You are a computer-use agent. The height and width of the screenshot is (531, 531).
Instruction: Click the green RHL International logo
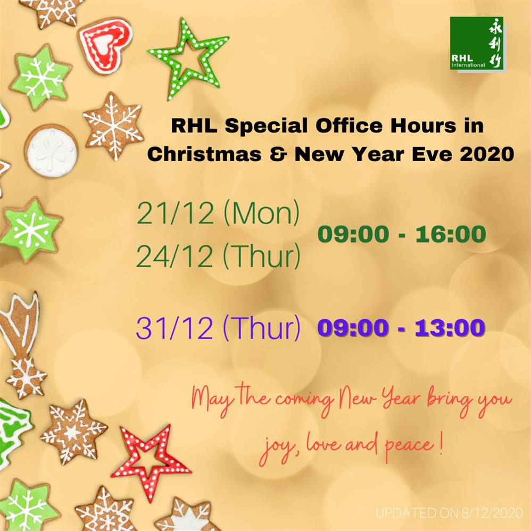[477, 43]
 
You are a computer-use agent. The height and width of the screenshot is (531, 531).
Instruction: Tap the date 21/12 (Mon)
[219, 213]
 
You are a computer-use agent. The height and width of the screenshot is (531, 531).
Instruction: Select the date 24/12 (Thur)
[219, 255]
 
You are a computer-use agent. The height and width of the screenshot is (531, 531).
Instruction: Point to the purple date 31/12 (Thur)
[218, 327]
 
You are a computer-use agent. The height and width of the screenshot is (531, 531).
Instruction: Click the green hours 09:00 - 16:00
[402, 234]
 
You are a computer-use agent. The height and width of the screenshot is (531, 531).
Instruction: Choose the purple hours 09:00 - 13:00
[401, 328]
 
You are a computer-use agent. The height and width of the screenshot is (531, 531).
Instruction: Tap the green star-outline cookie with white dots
[188, 58]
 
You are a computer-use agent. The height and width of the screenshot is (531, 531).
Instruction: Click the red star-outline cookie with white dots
[151, 461]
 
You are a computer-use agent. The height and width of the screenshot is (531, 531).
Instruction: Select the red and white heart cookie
[105, 45]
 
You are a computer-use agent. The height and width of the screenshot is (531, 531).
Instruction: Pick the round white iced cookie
[52, 152]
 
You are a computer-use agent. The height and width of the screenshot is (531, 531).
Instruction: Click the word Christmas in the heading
[204, 154]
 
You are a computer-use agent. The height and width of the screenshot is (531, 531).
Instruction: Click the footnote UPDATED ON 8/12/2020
[450, 513]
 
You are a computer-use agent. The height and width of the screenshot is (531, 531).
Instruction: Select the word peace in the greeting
[410, 446]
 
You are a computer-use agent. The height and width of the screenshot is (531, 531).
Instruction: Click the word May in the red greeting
[213, 400]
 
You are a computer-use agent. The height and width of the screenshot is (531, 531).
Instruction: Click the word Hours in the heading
[424, 126]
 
